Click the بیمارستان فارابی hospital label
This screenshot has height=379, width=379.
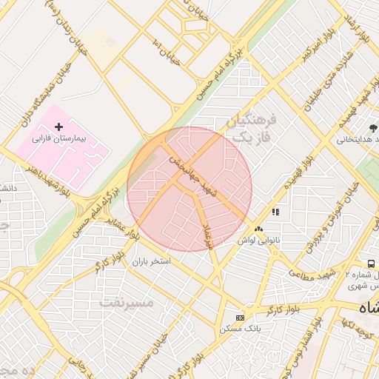[60, 138]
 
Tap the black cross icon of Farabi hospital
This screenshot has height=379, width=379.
[59, 127]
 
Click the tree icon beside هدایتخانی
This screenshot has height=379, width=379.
[375, 129]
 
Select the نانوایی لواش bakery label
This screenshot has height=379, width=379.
[258, 241]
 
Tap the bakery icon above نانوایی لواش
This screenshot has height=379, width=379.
[258, 229]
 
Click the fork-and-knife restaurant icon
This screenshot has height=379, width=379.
[275, 212]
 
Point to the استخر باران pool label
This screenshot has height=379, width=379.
[151, 262]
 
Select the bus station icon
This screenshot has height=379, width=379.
[371, 264]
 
